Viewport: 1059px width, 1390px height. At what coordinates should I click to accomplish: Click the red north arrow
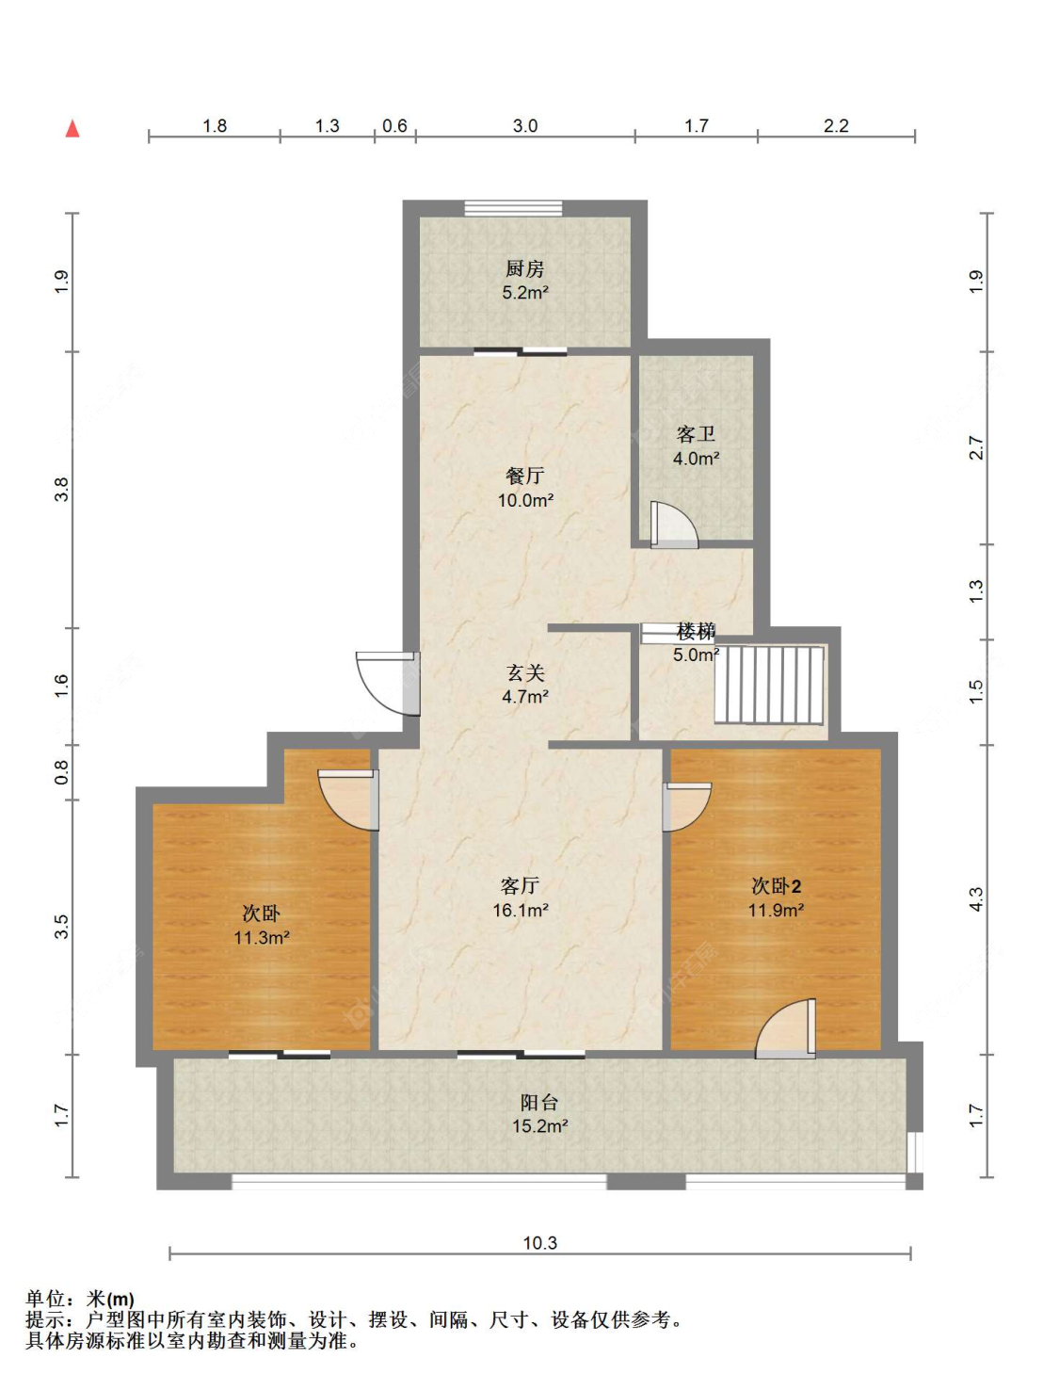click(x=72, y=129)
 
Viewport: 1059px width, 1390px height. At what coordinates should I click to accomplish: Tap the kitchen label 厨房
click(x=524, y=268)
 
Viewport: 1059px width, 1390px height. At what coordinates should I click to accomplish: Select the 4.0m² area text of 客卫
click(x=696, y=458)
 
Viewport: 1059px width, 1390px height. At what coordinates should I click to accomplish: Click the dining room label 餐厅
click(x=524, y=475)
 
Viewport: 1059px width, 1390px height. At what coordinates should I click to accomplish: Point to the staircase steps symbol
click(x=770, y=684)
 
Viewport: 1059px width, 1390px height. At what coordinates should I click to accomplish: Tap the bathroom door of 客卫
click(x=674, y=525)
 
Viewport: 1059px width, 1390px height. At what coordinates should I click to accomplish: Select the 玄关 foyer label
click(x=524, y=672)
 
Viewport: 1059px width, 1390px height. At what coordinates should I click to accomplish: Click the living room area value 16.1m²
click(x=521, y=910)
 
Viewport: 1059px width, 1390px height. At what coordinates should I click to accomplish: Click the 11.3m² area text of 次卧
click(x=262, y=937)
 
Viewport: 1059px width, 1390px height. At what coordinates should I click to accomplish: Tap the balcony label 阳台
click(x=539, y=1103)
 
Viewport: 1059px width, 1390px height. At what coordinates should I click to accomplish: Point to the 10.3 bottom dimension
click(x=540, y=1242)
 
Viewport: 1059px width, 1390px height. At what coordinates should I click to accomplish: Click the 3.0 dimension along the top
click(x=524, y=126)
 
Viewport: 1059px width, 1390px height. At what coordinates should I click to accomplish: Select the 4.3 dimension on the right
click(x=976, y=899)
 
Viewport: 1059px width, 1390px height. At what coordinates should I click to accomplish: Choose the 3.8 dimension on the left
click(x=61, y=490)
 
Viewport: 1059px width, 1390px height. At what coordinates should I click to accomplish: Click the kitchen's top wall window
click(x=513, y=208)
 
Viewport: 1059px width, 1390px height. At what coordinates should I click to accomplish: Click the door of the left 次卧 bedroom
click(x=349, y=800)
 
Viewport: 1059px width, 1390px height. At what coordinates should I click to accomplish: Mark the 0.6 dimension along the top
click(x=394, y=126)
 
